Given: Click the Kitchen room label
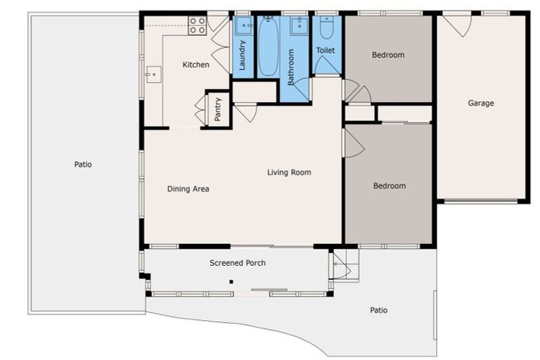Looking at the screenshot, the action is click(x=195, y=65).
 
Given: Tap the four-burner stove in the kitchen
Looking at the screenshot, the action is click(x=198, y=25).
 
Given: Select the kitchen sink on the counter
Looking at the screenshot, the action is click(x=153, y=75).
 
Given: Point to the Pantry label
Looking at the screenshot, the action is click(x=218, y=109).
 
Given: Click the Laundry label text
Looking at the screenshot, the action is click(x=242, y=55).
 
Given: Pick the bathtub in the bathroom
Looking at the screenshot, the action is click(x=269, y=46).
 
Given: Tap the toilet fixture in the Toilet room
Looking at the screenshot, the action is click(x=326, y=27).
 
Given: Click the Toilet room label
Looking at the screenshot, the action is click(x=326, y=51).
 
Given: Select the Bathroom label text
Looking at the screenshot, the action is click(x=290, y=67).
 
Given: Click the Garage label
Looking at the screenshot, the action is click(x=481, y=103).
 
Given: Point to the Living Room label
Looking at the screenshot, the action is click(x=289, y=172).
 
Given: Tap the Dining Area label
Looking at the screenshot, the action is click(x=188, y=188).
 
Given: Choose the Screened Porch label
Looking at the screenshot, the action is click(x=238, y=263).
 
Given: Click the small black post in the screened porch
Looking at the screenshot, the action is click(x=231, y=282).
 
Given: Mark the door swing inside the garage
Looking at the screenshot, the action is click(x=457, y=24).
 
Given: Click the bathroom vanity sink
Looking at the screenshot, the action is click(x=300, y=25).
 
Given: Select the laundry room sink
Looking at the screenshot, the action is click(x=244, y=25).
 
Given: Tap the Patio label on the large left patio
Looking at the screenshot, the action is click(x=83, y=165).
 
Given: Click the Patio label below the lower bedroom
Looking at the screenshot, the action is click(x=378, y=310).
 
